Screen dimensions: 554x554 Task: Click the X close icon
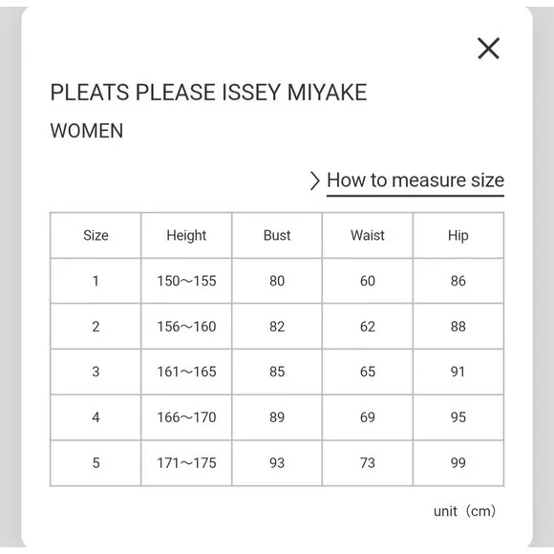489,49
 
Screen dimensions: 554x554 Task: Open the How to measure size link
415,181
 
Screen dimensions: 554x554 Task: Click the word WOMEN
87,131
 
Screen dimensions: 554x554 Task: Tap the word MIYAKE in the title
328,93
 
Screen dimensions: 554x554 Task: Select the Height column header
186,235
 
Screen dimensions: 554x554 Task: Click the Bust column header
277,235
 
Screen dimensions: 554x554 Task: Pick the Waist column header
368,235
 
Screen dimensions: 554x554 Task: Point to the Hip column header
458,235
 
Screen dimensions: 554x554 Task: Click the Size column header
96,235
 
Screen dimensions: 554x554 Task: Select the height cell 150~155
186,281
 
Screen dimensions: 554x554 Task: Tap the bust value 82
277,327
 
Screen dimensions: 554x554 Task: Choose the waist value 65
368,373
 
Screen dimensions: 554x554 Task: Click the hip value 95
458,417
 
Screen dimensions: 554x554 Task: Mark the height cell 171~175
186,463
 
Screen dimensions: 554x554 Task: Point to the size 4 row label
96,417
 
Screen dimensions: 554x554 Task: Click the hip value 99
458,463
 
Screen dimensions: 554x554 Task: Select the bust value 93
277,463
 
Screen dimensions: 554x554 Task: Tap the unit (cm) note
464,511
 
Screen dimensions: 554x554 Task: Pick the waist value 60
368,281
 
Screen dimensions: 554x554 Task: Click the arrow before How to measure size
315,181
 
